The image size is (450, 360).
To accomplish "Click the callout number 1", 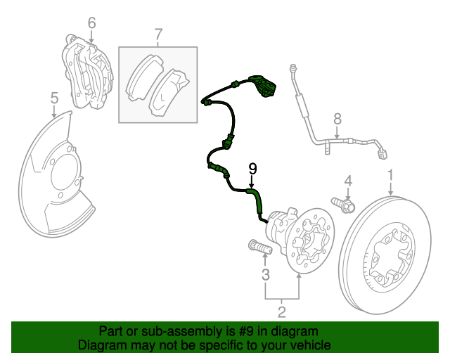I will coord(392,174).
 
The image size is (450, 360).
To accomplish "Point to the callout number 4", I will coord(347,182).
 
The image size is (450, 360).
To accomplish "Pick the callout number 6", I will coord(91,24).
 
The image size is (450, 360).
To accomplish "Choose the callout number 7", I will coord(158,33).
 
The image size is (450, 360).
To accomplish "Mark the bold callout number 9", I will coord(253,169).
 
